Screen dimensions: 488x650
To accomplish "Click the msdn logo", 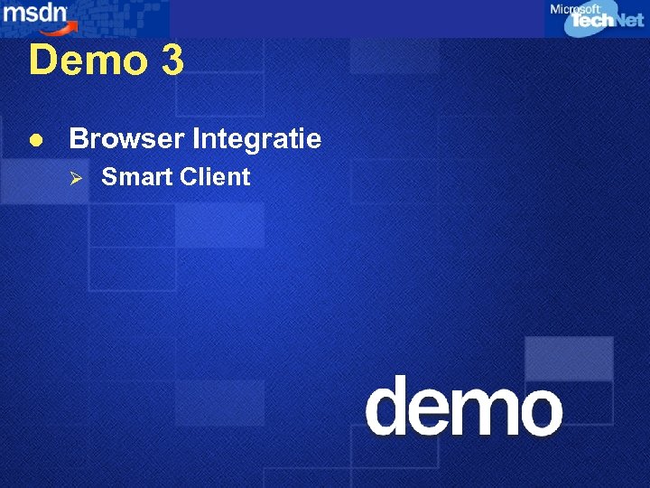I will (32, 14).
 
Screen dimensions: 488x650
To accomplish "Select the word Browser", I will (116, 139).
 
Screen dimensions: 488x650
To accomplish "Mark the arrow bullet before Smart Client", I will (77, 177).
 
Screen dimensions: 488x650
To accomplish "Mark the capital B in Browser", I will (78, 139).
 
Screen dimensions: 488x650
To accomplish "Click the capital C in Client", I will (188, 177).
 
